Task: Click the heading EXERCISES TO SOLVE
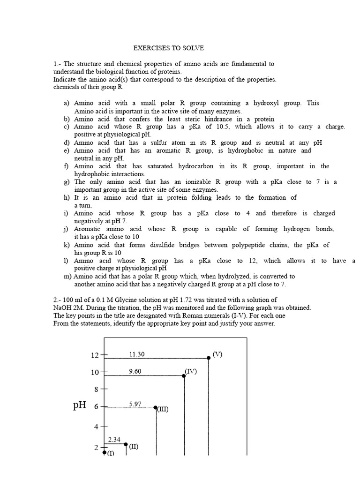click(x=169, y=48)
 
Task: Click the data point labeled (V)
click(x=209, y=358)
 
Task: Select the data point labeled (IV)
click(x=184, y=375)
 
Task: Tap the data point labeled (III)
click(x=156, y=407)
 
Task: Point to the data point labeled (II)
click(x=126, y=444)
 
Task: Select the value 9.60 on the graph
click(x=135, y=371)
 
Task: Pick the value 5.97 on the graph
click(x=135, y=403)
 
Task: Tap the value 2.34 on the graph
click(x=114, y=440)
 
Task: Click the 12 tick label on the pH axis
click(x=95, y=355)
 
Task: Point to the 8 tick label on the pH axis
click(x=97, y=389)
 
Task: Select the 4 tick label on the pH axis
click(x=97, y=427)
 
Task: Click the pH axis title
click(x=80, y=405)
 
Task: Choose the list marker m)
click(x=67, y=277)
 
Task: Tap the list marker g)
click(x=67, y=182)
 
